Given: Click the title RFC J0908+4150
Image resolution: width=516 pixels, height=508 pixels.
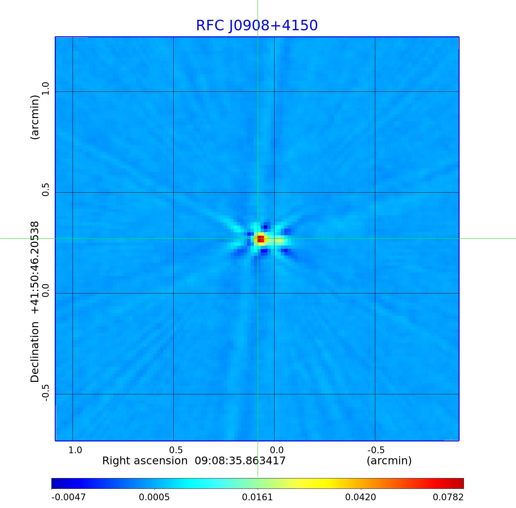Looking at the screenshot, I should [x=257, y=26].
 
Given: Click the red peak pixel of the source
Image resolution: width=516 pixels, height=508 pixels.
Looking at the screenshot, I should [x=261, y=239].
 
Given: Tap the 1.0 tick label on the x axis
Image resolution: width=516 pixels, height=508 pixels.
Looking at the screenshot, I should [x=75, y=450].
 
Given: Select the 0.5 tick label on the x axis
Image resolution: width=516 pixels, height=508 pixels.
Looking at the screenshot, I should [x=176, y=450].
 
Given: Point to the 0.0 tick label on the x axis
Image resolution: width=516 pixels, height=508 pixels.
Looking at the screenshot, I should [x=276, y=450].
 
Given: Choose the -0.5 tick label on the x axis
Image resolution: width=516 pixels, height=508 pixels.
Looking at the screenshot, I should [x=376, y=450].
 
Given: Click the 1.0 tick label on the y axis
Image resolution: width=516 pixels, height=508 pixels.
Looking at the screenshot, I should [x=46, y=89].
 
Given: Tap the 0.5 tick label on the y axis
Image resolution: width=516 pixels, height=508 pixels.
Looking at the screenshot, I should [x=46, y=190].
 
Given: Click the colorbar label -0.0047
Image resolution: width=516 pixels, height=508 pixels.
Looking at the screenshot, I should [x=69, y=497].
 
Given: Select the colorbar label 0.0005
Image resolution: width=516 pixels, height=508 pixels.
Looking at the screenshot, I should [x=154, y=497].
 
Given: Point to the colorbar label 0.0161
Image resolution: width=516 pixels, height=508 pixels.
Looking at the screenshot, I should [x=257, y=497].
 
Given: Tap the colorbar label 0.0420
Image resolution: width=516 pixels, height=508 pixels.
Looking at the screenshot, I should [x=360, y=497].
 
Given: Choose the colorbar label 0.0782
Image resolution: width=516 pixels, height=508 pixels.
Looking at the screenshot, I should [x=448, y=497].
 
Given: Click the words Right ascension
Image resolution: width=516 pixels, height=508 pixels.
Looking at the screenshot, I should [x=144, y=461].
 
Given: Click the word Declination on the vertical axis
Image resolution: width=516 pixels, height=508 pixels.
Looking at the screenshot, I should [x=35, y=352].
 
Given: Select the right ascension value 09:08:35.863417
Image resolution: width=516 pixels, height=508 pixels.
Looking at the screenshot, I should [x=240, y=461].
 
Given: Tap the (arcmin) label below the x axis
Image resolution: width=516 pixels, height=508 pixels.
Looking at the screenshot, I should [x=389, y=461].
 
